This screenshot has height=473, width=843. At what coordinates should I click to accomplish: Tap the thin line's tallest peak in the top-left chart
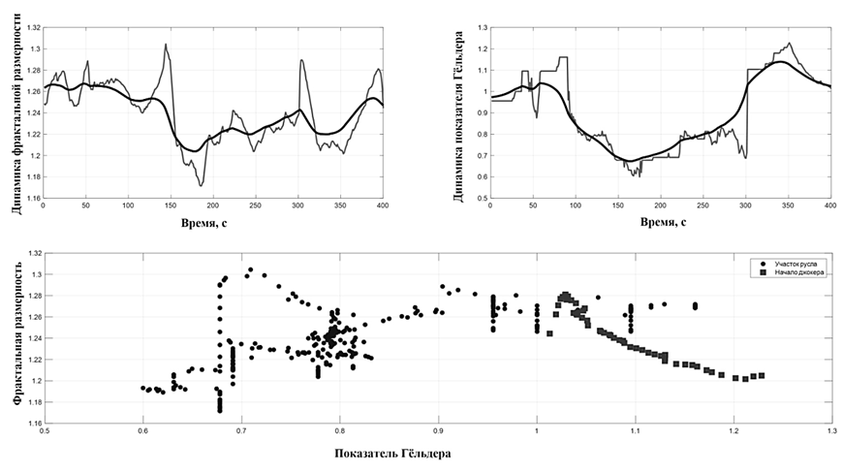[166, 44]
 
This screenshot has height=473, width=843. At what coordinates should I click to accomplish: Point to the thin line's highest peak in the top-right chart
[790, 43]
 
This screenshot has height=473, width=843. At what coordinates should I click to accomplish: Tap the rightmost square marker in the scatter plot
[762, 375]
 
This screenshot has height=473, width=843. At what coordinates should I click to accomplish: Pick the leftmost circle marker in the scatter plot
[142, 388]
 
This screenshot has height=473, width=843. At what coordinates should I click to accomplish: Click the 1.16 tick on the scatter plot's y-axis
[34, 423]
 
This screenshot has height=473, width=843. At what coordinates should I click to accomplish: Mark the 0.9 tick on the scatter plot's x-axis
[438, 430]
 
